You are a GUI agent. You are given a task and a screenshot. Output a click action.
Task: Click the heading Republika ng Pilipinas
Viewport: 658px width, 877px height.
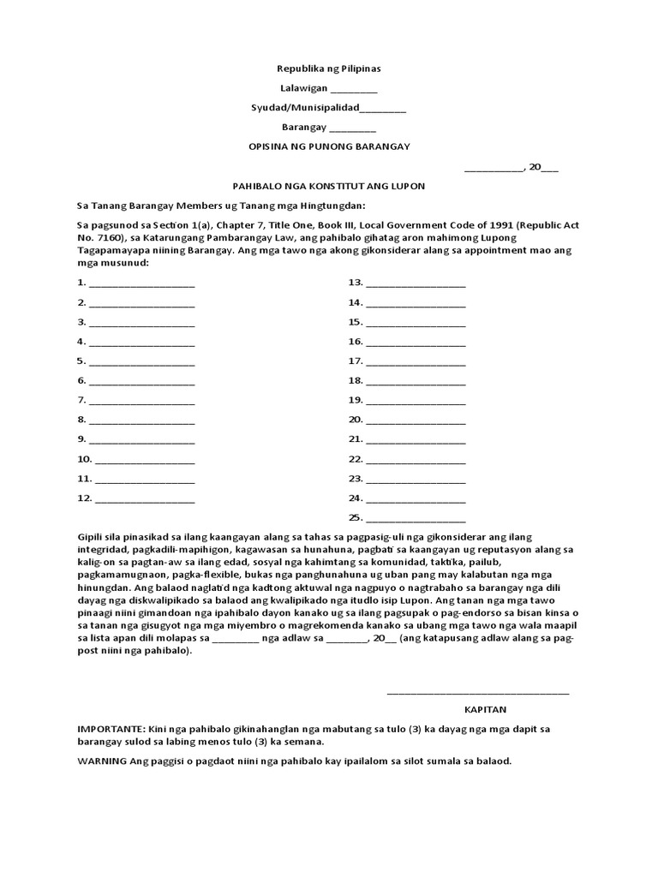pos(329,69)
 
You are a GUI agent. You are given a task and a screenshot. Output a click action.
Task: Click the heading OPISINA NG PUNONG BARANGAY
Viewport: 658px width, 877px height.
pos(329,146)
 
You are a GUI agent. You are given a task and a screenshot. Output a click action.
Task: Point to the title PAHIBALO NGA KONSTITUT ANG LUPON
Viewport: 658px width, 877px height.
pos(329,186)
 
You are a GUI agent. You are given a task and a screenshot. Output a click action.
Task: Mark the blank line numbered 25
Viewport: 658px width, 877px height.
pos(416,519)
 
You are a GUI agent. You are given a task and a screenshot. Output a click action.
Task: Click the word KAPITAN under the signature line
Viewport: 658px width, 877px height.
pos(486,710)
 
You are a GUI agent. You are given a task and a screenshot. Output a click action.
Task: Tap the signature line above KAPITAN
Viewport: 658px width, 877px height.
pos(477,692)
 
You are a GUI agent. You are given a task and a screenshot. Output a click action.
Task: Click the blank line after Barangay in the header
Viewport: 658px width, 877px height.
pos(352,128)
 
